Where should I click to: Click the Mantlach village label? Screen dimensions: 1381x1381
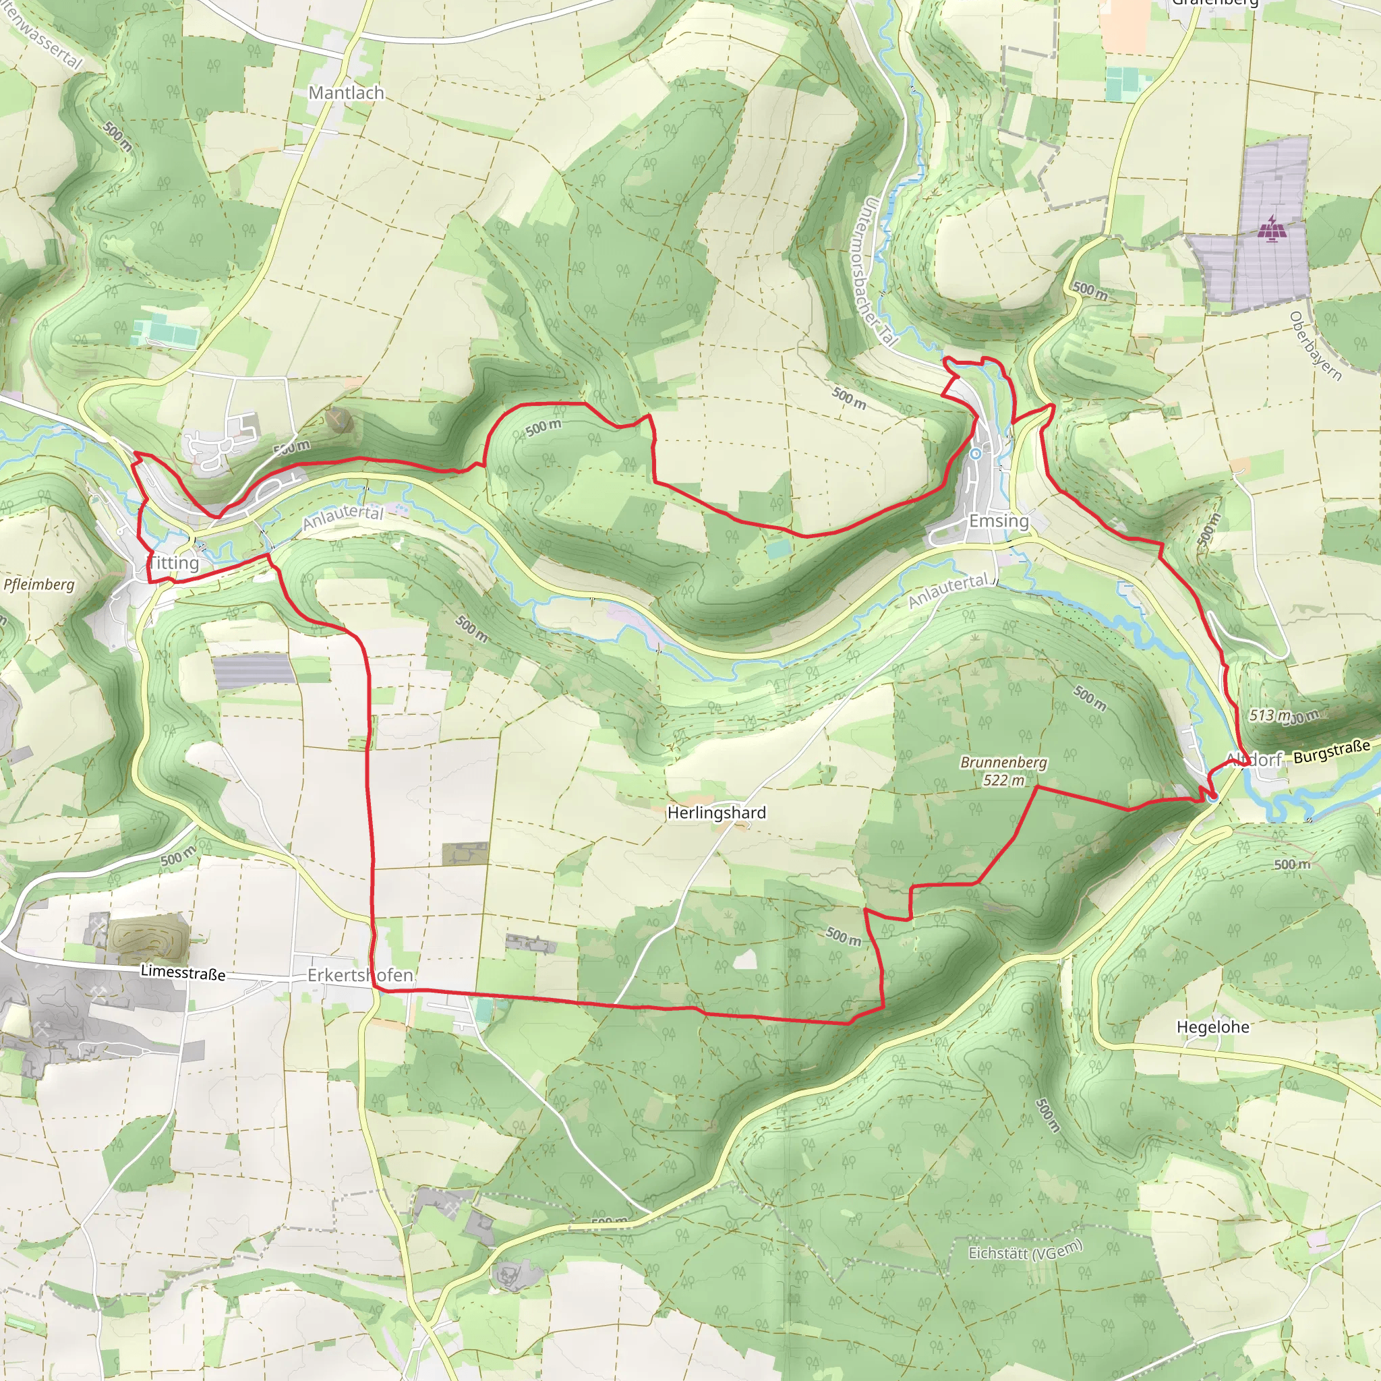(x=346, y=93)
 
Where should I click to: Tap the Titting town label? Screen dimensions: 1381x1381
(x=174, y=562)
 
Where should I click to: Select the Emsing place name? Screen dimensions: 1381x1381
(x=999, y=521)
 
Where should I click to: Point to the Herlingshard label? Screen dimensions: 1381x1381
(x=716, y=813)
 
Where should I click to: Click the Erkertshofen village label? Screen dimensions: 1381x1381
(x=360, y=975)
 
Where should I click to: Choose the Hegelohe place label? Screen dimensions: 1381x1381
(x=1213, y=1027)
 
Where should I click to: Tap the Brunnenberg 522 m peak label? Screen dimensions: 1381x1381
(x=1003, y=771)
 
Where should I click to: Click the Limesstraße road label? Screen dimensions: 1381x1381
(x=183, y=972)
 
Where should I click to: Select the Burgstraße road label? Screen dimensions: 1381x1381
(x=1332, y=751)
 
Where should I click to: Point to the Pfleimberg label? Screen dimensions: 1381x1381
(x=39, y=584)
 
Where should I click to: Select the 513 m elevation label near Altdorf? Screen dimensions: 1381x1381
(x=1270, y=715)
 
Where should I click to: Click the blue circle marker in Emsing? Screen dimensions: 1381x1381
(x=976, y=453)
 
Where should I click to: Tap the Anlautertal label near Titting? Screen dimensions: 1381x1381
(x=343, y=516)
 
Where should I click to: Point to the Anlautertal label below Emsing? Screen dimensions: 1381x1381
(x=949, y=591)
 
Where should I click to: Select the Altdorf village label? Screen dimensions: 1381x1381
(x=1254, y=760)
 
